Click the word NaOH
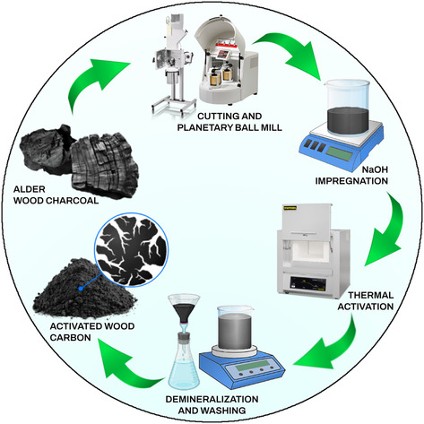coord(375,169)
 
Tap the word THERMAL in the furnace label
coord(370,295)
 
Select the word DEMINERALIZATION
coord(212,399)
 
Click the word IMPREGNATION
coord(351,181)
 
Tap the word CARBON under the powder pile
coord(70,337)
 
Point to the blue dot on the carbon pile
coord(81,289)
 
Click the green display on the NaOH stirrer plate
coord(339,154)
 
